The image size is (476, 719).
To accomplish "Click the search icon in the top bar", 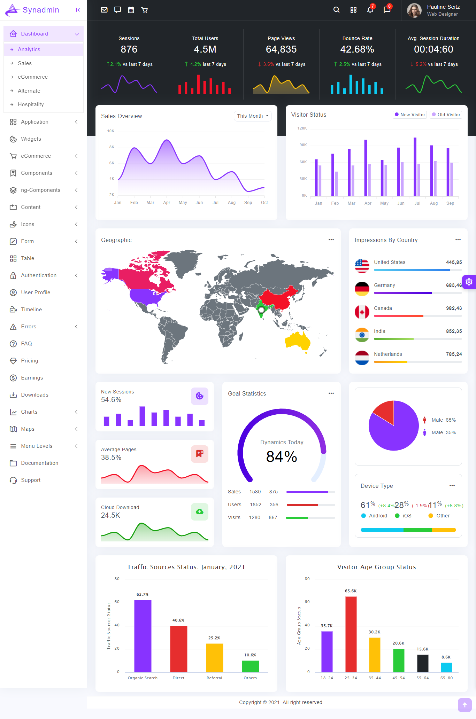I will tap(336, 10).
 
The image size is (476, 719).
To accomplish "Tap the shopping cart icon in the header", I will tap(144, 10).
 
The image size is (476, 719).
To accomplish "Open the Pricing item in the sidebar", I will tap(29, 361).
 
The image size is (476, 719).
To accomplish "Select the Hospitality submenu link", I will tap(31, 104).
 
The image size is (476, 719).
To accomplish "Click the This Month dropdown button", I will tap(253, 116).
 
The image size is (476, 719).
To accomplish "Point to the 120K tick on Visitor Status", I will tap(302, 128).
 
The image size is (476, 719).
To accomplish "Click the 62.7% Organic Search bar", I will tap(143, 636).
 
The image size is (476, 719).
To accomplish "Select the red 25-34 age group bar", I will tap(351, 634).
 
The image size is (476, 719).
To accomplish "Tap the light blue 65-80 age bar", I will tap(446, 667).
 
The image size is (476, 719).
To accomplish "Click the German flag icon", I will tap(362, 289).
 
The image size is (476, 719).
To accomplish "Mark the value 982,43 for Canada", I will tap(454, 308).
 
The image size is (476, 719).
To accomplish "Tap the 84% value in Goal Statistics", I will tap(282, 456).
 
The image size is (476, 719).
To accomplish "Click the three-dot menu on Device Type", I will tap(452, 486).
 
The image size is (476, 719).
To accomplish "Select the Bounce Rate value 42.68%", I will tap(357, 49).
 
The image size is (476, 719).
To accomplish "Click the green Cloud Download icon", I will tap(200, 511).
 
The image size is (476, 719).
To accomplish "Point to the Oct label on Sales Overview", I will tap(264, 203).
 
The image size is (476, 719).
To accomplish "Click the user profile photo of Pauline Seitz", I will tap(414, 10).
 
